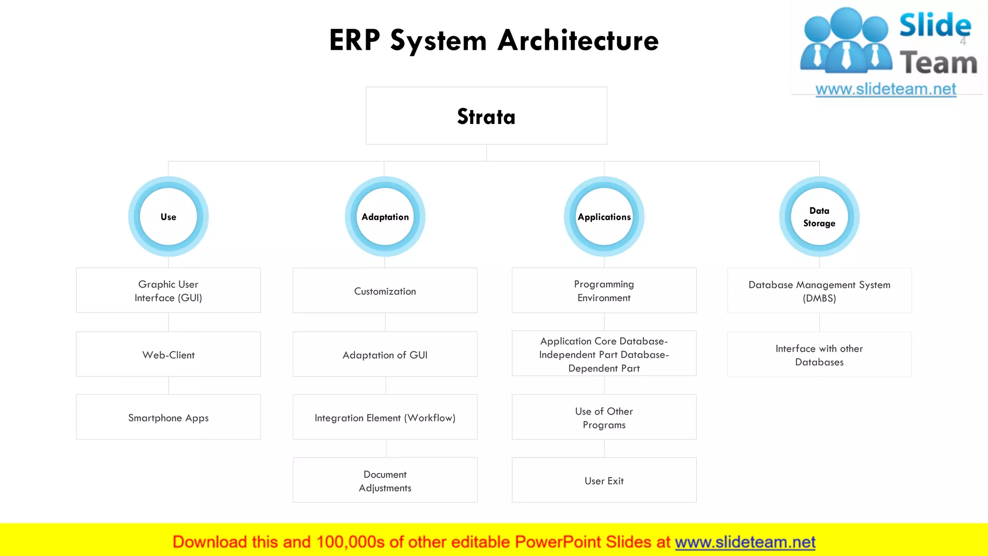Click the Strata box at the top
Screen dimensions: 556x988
point(486,116)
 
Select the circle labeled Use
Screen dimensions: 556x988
point(168,217)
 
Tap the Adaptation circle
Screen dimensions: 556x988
point(385,217)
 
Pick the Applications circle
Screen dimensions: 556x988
point(604,217)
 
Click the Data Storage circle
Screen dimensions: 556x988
point(819,217)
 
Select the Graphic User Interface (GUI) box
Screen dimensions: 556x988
point(168,291)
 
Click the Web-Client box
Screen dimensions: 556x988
point(168,354)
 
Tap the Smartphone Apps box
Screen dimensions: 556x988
point(168,417)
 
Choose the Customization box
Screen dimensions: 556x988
point(385,291)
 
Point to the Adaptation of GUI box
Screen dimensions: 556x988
point(385,354)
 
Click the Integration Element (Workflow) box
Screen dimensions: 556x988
point(385,417)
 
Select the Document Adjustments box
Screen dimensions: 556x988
point(385,480)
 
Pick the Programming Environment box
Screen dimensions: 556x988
point(604,291)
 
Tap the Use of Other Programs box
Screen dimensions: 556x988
point(604,417)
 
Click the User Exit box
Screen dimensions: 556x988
point(604,480)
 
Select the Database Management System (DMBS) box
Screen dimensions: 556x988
point(819,291)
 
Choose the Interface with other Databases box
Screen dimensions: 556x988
point(819,354)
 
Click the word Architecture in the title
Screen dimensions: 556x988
point(578,40)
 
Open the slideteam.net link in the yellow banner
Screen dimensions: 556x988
point(745,542)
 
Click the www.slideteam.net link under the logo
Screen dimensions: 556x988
point(886,89)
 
